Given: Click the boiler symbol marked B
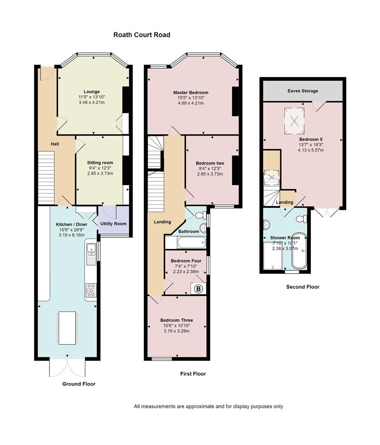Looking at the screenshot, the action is pyautogui.click(x=199, y=289).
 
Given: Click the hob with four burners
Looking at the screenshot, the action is pyautogui.click(x=91, y=290).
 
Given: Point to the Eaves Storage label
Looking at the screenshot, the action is pyautogui.click(x=303, y=91).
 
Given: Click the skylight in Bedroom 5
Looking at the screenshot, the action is pyautogui.click(x=295, y=121).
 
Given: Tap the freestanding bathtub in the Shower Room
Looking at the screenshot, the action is pyautogui.click(x=299, y=251).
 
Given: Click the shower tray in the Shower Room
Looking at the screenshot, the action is pyautogui.click(x=273, y=256).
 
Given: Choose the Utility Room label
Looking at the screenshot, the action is pyautogui.click(x=113, y=224).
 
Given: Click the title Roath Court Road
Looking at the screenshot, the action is pyautogui.click(x=142, y=35).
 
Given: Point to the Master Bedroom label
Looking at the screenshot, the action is pyautogui.click(x=191, y=93).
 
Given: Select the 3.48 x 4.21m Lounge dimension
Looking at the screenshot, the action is pyautogui.click(x=91, y=102).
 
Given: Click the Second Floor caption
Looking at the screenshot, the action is pyautogui.click(x=303, y=287).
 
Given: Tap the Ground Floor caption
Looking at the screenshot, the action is pyautogui.click(x=79, y=384).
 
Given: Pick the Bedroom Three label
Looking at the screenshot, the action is pyautogui.click(x=176, y=321).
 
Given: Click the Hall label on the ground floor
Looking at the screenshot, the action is pyautogui.click(x=55, y=144).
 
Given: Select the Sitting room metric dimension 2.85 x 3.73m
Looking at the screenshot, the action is pyautogui.click(x=100, y=173).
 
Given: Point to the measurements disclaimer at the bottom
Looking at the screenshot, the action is pyautogui.click(x=208, y=406).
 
